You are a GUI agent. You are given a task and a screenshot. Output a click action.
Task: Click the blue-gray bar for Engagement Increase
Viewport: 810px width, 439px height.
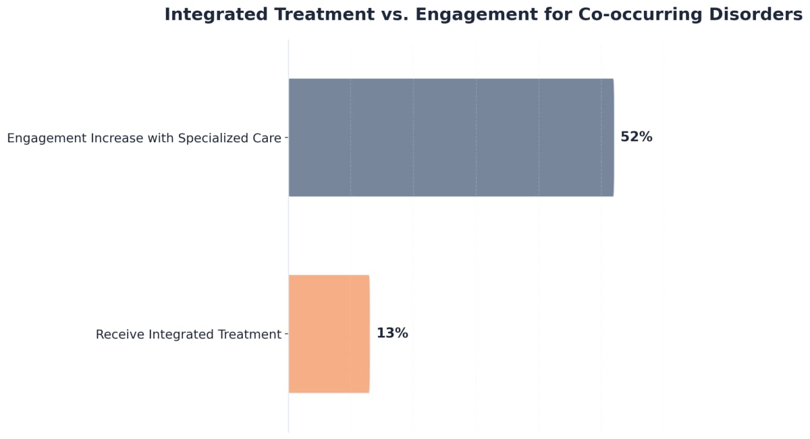(x=451, y=138)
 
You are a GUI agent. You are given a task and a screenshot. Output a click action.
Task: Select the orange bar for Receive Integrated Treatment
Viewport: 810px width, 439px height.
(x=329, y=334)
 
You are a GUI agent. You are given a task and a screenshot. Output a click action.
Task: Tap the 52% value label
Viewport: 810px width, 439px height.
(x=636, y=137)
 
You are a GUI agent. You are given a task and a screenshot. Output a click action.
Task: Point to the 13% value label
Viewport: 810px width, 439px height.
(x=392, y=333)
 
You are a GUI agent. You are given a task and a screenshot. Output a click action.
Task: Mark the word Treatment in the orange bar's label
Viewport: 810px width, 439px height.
(x=248, y=334)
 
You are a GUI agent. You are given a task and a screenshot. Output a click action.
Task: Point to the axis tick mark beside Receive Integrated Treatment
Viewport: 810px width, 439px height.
(x=286, y=334)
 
